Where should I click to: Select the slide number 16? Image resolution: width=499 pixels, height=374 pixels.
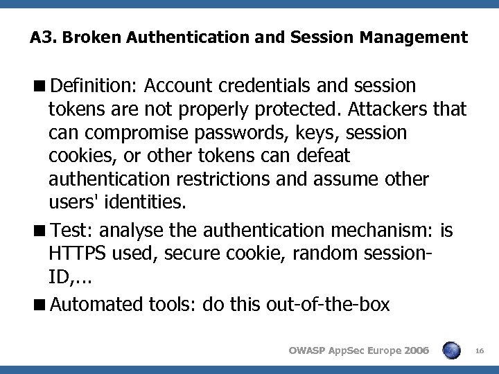click(x=481, y=351)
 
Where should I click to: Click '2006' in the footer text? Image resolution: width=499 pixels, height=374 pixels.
click(x=414, y=350)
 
